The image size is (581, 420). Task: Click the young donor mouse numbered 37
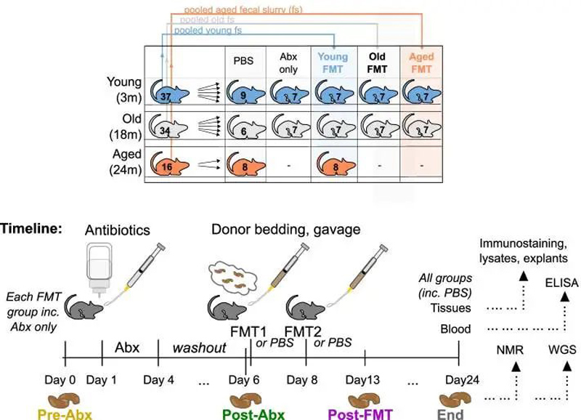(170, 93)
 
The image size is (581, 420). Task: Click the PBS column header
(243, 62)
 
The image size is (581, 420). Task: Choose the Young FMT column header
(334, 62)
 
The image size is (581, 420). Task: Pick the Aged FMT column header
(421, 62)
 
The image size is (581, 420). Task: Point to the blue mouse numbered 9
(244, 93)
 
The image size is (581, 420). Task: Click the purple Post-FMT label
(360, 414)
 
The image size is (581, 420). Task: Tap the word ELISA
(563, 283)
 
